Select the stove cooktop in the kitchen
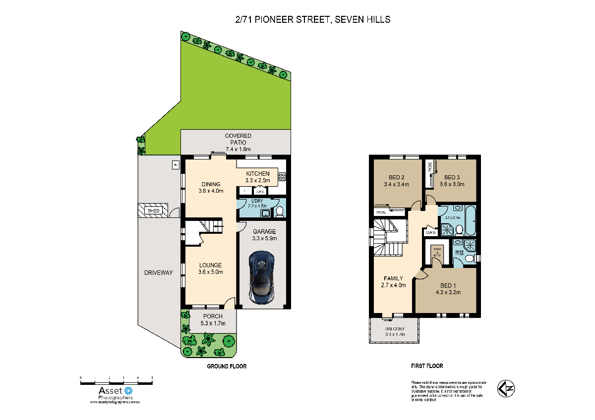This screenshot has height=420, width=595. click(x=282, y=175)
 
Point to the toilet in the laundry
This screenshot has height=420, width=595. click(x=279, y=211)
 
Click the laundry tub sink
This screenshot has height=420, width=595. click(x=266, y=213)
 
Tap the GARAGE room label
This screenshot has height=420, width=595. click(x=264, y=231)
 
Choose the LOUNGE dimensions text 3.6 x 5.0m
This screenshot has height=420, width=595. click(x=211, y=272)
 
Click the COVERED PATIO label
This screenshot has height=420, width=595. click(x=238, y=139)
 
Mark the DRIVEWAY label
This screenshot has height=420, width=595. click(x=159, y=273)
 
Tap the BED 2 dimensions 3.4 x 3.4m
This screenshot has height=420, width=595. click(x=396, y=185)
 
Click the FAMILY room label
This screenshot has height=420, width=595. click(x=393, y=278)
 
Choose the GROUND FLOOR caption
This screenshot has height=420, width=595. click(x=227, y=367)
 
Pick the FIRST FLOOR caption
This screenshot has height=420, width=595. click(x=427, y=366)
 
